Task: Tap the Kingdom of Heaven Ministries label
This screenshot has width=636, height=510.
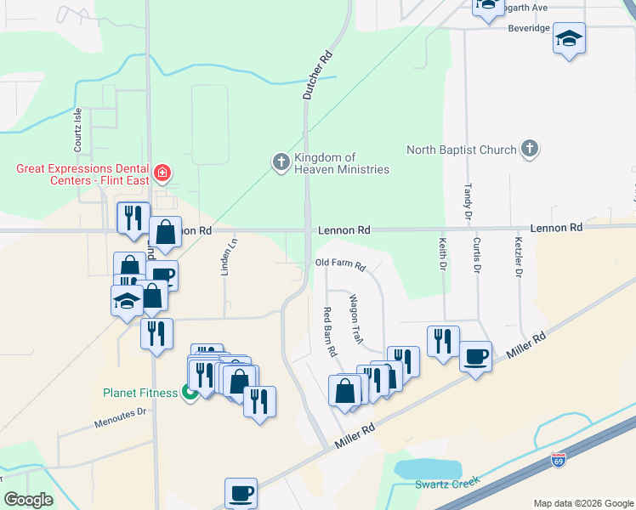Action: [341, 163]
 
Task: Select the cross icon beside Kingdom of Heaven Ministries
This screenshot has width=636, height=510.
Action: [281, 161]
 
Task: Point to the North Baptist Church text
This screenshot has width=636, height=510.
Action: [461, 150]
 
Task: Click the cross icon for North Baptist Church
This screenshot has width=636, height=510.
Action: [529, 150]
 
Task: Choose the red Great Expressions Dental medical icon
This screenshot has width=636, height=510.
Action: [162, 174]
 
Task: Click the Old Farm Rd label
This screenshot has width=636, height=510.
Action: [340, 265]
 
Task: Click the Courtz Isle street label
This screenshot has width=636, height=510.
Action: [77, 127]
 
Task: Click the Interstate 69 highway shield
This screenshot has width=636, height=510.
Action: [558, 460]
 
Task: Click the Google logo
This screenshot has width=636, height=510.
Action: [28, 499]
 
